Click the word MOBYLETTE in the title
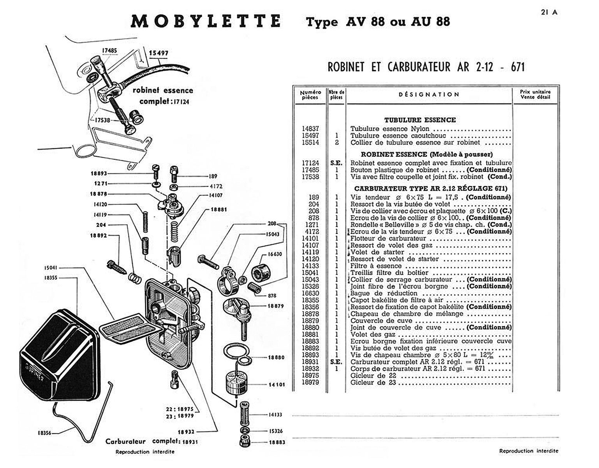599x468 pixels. point(205,21)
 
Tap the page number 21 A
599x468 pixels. point(549,12)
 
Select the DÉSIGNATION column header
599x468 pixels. point(429,94)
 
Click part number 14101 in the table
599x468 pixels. point(310,238)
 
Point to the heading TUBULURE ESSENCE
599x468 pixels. point(420,120)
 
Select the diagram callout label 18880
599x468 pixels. point(277,357)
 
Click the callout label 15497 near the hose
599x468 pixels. point(159,53)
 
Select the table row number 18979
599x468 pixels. point(310,382)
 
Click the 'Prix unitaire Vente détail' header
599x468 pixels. point(535,94)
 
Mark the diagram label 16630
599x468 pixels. point(275,254)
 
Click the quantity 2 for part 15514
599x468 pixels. point(336,142)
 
